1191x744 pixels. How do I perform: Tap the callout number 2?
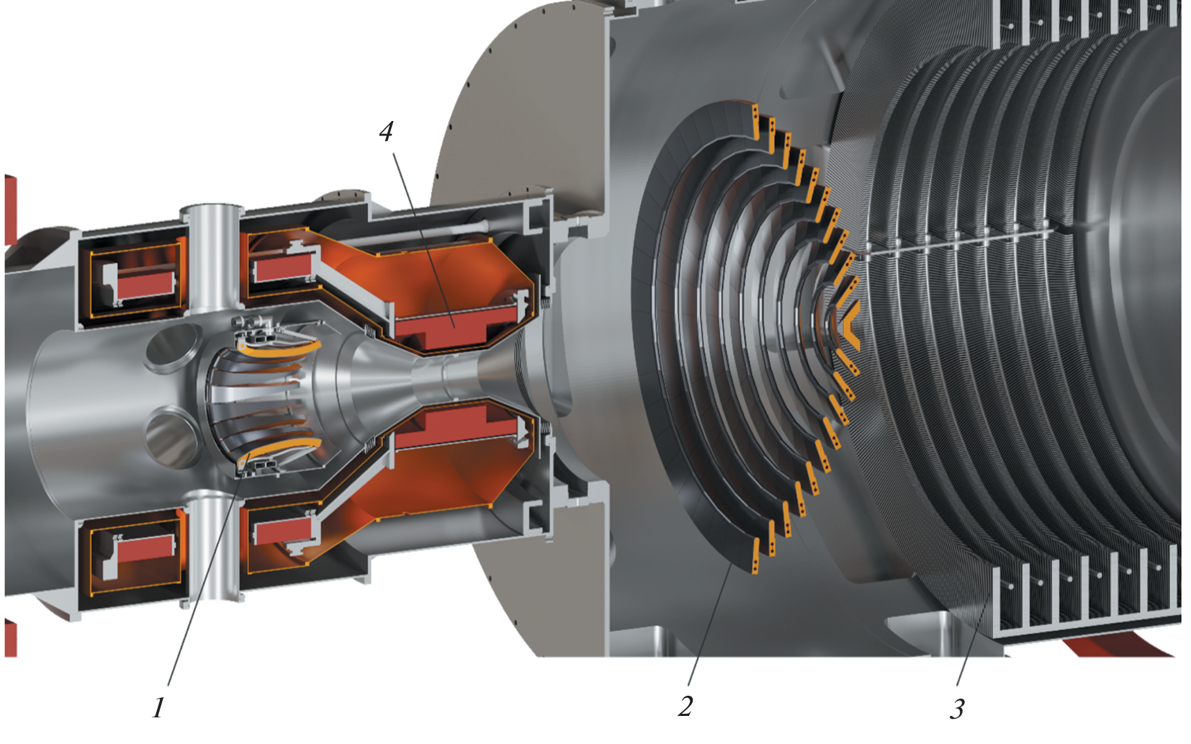[x=686, y=707]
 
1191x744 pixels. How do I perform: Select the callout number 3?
[x=957, y=709]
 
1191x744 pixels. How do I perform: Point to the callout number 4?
[x=387, y=131]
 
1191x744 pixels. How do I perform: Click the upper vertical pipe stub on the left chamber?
[x=212, y=259]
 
